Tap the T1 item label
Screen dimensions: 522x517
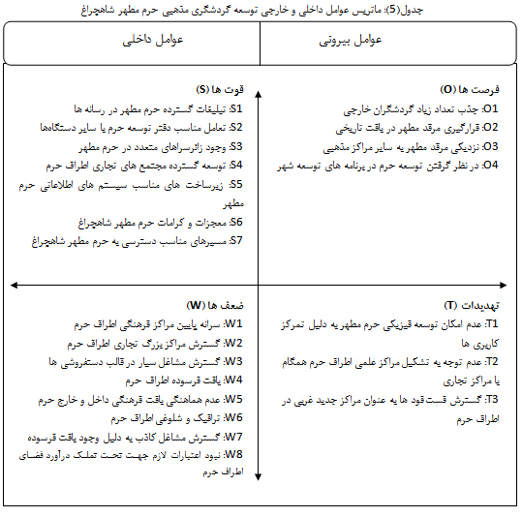point(492,324)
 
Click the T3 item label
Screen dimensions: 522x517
point(492,399)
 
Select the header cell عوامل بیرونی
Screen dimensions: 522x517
point(351,41)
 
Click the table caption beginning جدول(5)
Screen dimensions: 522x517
point(261,9)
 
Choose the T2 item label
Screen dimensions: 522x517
point(492,361)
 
